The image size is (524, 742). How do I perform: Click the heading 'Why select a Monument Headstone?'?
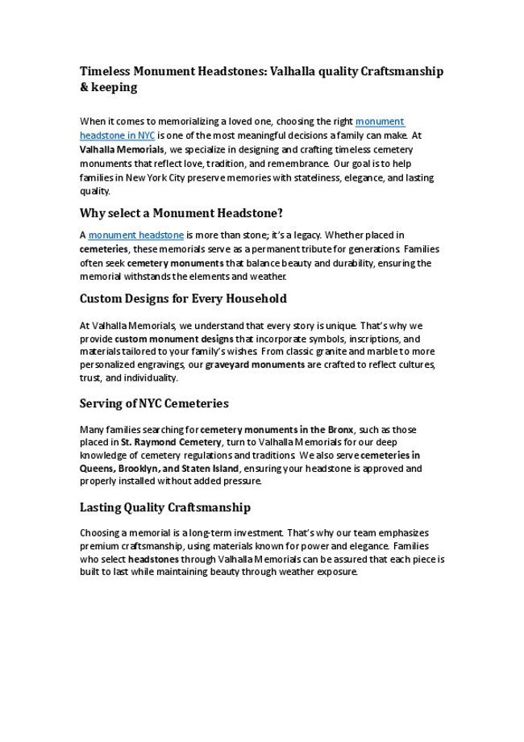pos(181,214)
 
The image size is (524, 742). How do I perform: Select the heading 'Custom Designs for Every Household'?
pos(183,298)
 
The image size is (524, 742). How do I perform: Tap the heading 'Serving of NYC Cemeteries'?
pos(154,403)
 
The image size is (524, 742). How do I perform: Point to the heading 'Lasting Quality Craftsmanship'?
pos(165,507)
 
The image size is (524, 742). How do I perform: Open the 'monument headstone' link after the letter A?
pos(135,236)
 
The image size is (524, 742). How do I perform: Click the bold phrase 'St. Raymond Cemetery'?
pos(171,442)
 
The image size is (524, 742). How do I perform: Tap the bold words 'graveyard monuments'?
pos(254,365)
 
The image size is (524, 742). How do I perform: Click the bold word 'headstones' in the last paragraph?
pos(153,559)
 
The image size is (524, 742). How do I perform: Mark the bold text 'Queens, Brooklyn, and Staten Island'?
pos(160,468)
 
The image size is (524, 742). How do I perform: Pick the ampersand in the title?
pos(84,87)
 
